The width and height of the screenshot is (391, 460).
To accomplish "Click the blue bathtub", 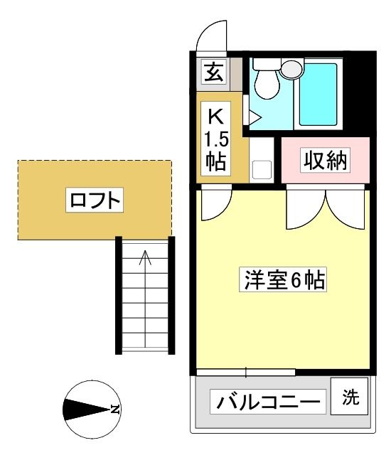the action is tap(318, 94).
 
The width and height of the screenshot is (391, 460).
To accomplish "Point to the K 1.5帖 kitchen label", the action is tap(215, 139).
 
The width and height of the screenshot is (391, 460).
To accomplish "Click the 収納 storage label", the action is tap(325, 160).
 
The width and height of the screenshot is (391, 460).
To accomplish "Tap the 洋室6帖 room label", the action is tap(283, 279).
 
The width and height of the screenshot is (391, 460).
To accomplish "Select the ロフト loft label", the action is tap(95, 200).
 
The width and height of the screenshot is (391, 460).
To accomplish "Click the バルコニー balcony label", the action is tap(268, 402).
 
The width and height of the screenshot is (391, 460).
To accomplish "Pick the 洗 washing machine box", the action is tap(349, 396).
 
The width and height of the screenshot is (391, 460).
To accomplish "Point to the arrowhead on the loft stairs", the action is tap(145, 257).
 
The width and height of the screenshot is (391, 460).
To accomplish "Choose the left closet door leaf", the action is tap(306, 210).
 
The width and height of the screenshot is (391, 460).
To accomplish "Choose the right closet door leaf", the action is tap(346, 210).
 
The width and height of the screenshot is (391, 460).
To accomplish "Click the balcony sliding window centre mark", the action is tap(246, 372).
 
